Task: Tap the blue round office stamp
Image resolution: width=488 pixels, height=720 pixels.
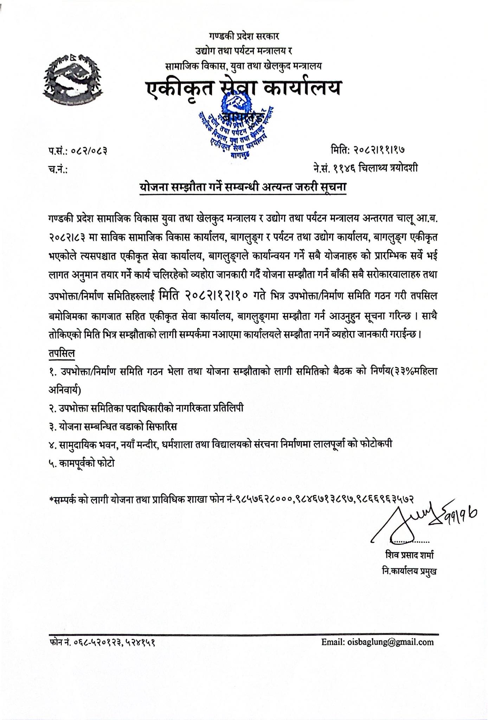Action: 236,127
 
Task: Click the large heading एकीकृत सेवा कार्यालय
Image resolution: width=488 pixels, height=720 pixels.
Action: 244,88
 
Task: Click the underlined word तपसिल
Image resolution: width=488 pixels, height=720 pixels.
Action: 62,353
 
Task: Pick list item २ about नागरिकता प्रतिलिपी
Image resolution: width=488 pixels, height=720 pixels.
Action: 146,408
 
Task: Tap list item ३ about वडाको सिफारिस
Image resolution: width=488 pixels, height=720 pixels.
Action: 113,426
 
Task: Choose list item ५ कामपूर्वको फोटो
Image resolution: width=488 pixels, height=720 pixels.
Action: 82,463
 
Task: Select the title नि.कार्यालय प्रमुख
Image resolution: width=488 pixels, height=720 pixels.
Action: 410,571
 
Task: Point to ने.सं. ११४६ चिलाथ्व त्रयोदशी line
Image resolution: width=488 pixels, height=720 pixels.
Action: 366,169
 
